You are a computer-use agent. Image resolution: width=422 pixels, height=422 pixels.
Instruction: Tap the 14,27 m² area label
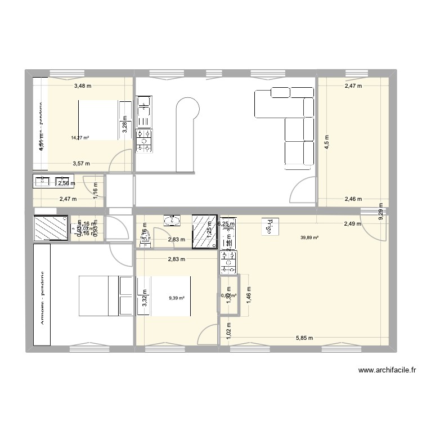click(80, 137)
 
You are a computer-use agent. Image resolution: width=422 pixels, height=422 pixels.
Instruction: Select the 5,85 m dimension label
click(303, 338)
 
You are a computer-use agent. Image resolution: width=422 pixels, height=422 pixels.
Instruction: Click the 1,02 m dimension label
click(228, 329)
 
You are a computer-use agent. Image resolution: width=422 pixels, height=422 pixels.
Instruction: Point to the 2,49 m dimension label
click(353, 224)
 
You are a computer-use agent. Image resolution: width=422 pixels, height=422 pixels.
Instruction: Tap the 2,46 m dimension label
click(353, 199)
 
